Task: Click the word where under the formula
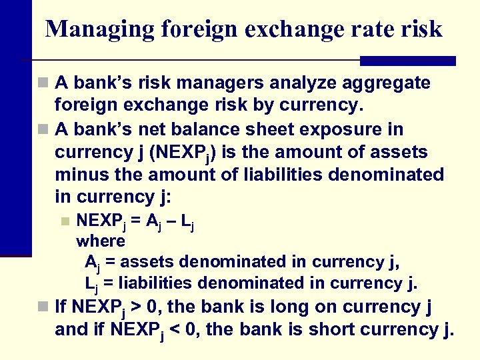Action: tap(101, 240)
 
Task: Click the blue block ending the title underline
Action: tap(407, 61)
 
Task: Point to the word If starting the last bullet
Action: tap(60, 307)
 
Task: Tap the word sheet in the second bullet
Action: tap(291, 129)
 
